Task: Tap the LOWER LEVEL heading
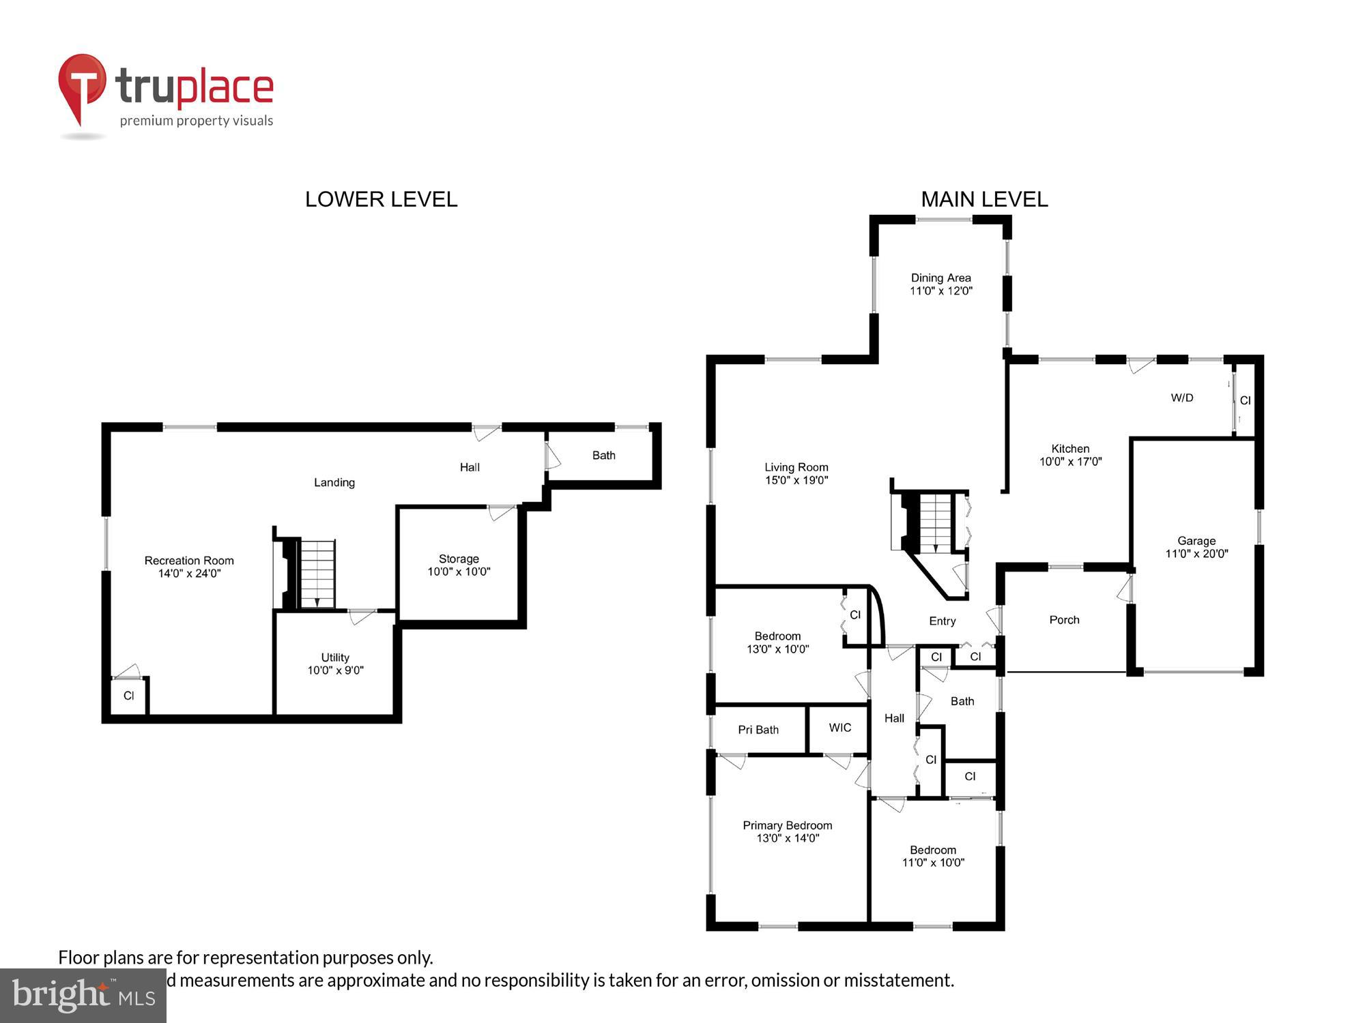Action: point(381,199)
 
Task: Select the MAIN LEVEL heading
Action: point(984,199)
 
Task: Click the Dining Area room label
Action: point(940,278)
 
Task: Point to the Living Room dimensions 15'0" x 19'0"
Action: point(796,480)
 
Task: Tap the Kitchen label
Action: point(1070,448)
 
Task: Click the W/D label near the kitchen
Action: point(1182,398)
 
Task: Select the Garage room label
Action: point(1196,541)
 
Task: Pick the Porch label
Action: point(1064,620)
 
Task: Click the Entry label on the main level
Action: point(942,621)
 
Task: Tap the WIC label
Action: point(840,728)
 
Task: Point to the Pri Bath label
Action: point(758,730)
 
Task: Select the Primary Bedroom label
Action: point(788,825)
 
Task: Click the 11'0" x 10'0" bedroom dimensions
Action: point(933,863)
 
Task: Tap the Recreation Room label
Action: point(189,561)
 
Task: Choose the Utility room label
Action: point(335,657)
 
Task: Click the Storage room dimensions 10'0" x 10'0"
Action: point(459,572)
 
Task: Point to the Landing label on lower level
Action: point(334,482)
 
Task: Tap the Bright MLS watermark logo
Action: point(83,996)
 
